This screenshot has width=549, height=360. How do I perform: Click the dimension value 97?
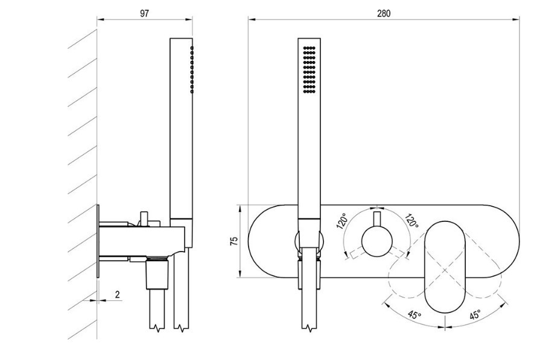(145, 13)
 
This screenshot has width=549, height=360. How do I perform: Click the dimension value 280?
(384, 13)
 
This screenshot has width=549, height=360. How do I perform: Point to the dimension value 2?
(117, 294)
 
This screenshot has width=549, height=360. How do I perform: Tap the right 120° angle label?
(413, 221)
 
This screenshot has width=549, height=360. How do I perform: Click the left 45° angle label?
(413, 314)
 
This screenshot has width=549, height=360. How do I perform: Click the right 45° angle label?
(475, 314)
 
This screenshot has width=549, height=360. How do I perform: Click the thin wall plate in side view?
(98, 241)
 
